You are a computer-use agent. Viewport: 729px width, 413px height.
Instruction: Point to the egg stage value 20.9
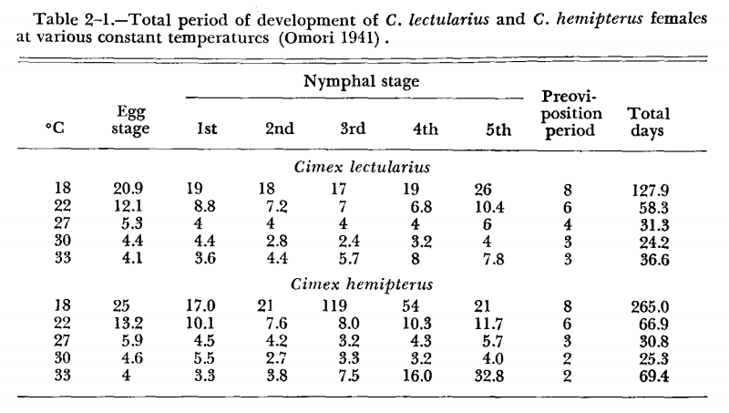(133, 191)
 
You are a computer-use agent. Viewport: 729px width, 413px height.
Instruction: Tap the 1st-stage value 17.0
(206, 306)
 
